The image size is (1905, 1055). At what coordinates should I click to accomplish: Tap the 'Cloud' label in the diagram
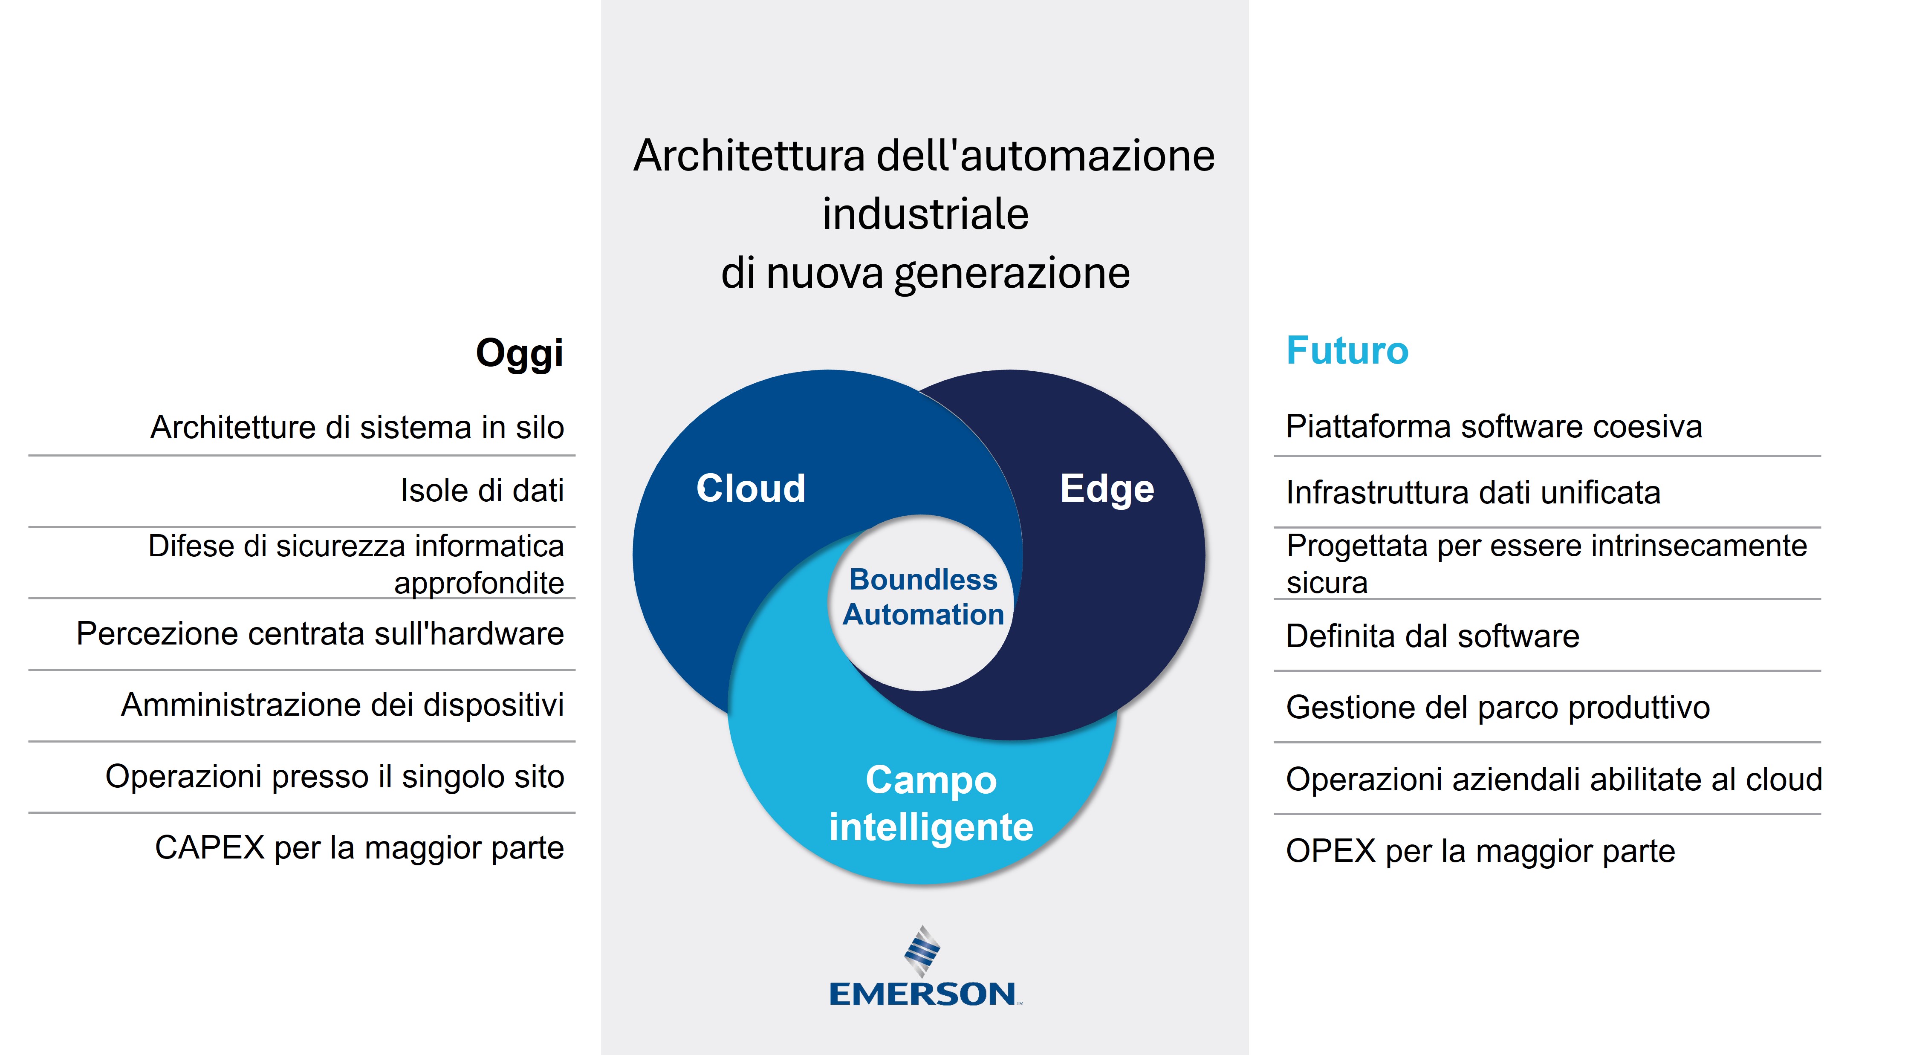[751, 488]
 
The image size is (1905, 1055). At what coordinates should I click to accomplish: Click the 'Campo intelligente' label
[931, 804]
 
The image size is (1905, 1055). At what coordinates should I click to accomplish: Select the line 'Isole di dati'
[482, 490]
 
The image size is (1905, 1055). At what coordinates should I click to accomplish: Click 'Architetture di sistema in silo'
[357, 427]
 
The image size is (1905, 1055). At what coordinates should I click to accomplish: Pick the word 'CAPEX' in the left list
[210, 847]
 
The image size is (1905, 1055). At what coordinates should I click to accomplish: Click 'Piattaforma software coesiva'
[1494, 427]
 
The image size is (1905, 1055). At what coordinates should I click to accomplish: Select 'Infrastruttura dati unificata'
[1473, 492]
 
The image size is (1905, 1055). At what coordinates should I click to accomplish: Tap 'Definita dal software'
[1432, 636]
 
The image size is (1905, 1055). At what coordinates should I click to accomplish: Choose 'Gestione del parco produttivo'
[1497, 708]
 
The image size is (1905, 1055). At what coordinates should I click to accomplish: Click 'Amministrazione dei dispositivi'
[342, 705]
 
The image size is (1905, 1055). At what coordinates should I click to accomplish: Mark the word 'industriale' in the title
[925, 214]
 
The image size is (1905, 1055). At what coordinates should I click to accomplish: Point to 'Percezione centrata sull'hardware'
[320, 633]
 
